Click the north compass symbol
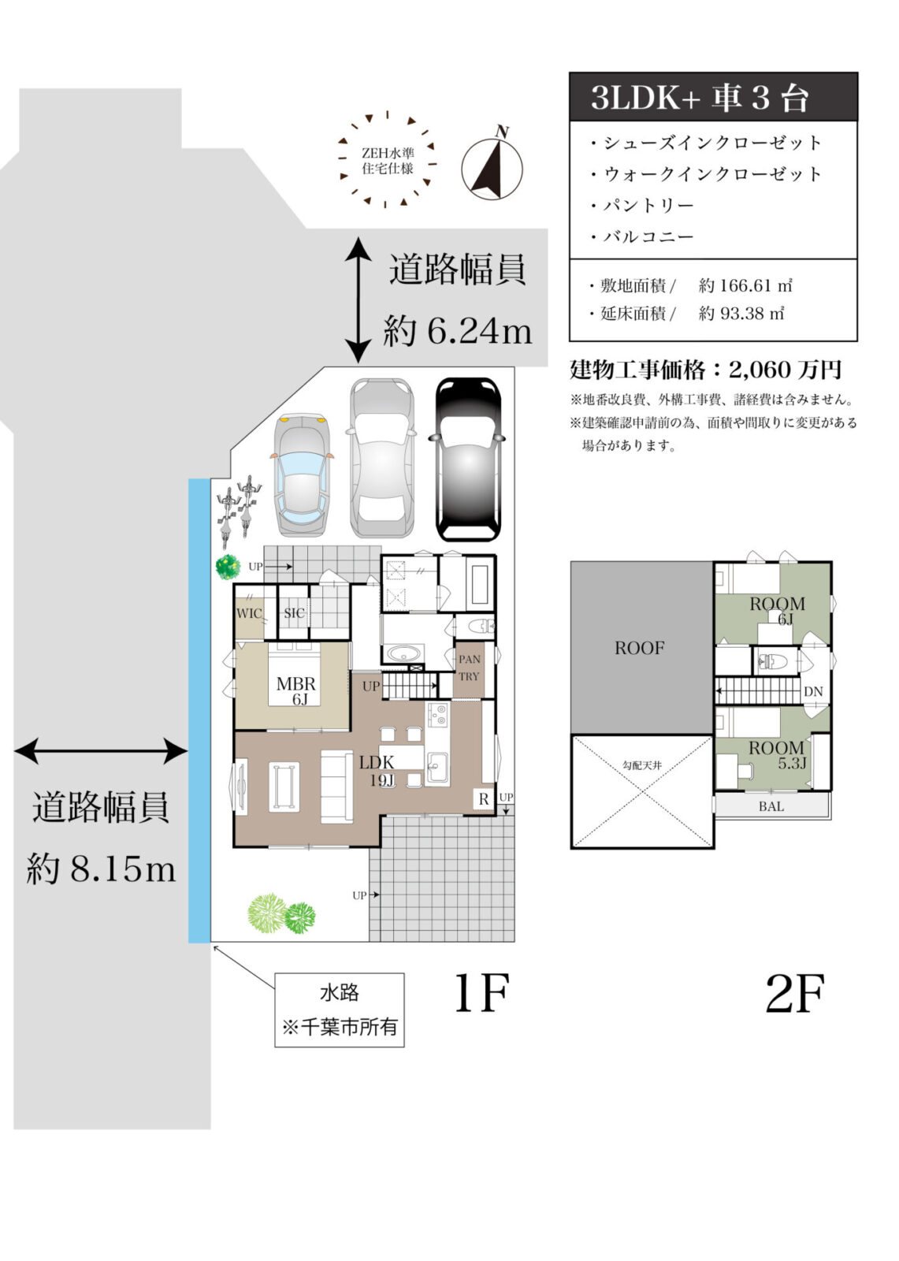tap(491, 167)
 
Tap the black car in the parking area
tap(468, 459)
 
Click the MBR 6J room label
tap(295, 690)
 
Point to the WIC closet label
tap(249, 613)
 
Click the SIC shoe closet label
tap(294, 613)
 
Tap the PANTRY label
tap(469, 668)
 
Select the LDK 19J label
tap(377, 771)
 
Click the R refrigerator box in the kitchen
tap(484, 798)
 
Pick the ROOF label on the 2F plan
tap(639, 648)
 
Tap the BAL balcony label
tap(771, 806)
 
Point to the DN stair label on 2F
tap(813, 691)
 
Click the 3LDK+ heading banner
tap(712, 97)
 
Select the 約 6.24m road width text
tap(457, 331)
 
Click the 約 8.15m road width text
tap(101, 869)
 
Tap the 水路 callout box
tap(339, 1010)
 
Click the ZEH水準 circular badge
tap(387, 160)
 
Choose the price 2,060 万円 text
tap(785, 369)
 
